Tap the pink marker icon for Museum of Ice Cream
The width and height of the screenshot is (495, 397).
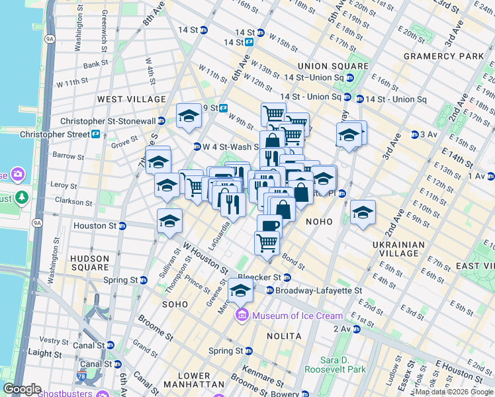(x=243, y=315)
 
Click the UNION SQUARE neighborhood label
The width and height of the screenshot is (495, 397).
(x=333, y=66)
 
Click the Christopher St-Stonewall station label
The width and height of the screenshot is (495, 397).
(x=112, y=121)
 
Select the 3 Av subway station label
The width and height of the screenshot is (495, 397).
(x=429, y=134)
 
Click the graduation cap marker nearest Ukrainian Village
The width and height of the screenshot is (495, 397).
(x=363, y=212)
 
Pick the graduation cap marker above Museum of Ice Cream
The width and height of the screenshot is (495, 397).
(x=240, y=290)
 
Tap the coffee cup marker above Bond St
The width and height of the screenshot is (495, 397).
(x=269, y=225)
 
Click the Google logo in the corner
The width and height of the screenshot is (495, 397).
(x=22, y=389)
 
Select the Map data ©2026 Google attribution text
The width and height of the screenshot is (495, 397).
(x=454, y=392)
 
